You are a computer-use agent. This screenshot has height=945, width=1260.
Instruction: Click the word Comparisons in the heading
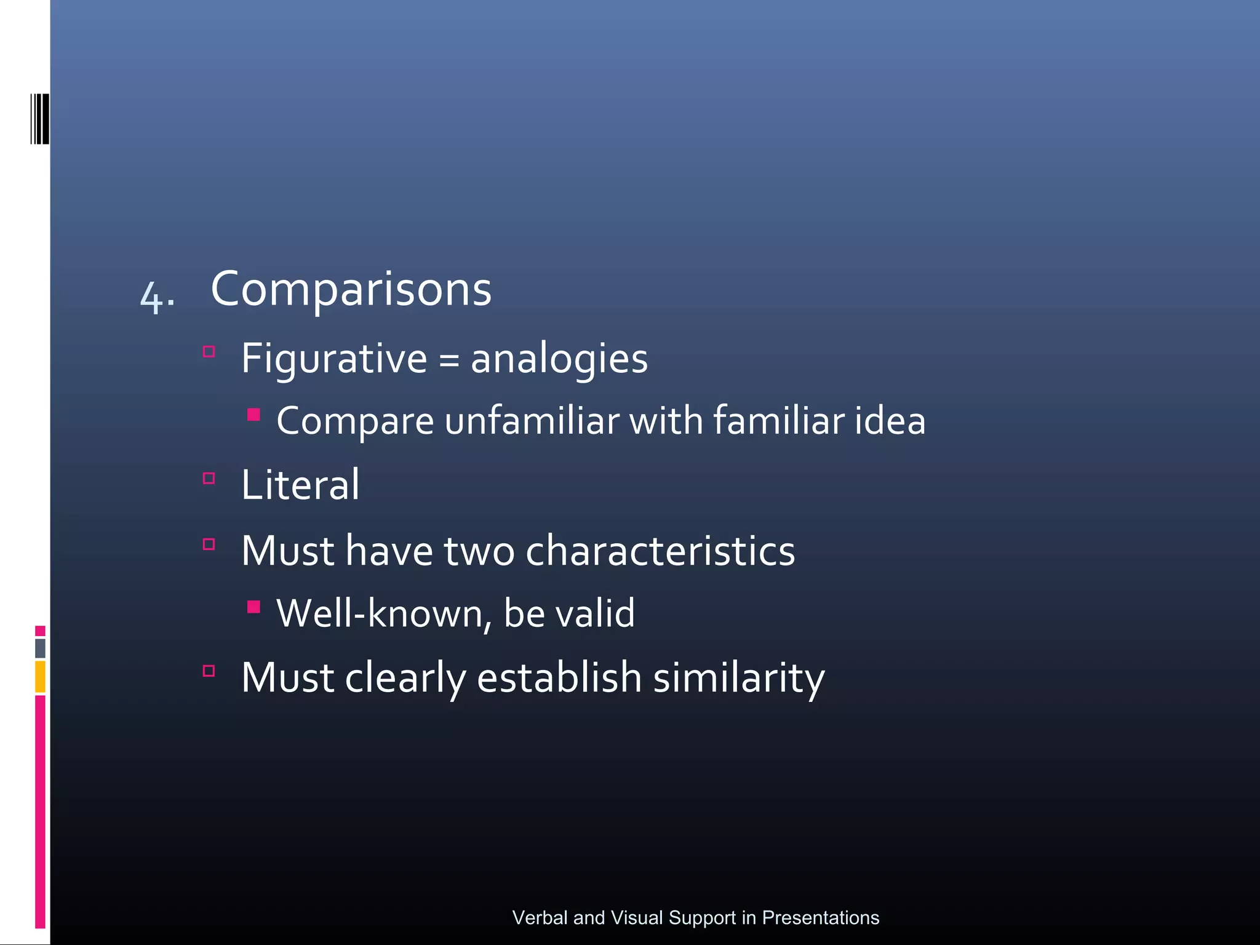pyautogui.click(x=351, y=289)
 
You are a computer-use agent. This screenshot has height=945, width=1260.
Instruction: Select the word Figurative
pyautogui.click(x=333, y=358)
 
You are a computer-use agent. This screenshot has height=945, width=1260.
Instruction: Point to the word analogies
pyautogui.click(x=559, y=359)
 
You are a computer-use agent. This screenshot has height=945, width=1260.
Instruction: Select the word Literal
pyautogui.click(x=300, y=485)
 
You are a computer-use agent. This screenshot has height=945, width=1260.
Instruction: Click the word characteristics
pyautogui.click(x=660, y=551)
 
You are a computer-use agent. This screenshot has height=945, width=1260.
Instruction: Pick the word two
pyautogui.click(x=479, y=551)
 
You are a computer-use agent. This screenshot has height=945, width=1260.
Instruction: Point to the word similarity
pyautogui.click(x=738, y=678)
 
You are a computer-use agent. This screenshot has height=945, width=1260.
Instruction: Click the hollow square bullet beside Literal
pyautogui.click(x=209, y=479)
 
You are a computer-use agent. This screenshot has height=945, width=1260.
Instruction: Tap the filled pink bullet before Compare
pyautogui.click(x=253, y=414)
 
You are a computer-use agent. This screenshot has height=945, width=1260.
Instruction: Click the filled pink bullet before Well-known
pyautogui.click(x=253, y=607)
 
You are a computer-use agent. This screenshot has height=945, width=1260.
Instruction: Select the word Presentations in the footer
pyautogui.click(x=821, y=917)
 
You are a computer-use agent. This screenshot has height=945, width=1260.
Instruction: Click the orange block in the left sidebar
pyautogui.click(x=40, y=676)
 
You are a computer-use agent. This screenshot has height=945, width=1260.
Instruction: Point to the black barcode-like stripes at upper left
pyautogui.click(x=39, y=119)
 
